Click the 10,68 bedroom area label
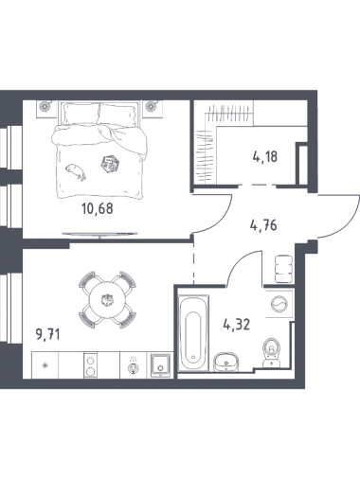pyautogui.click(x=98, y=209)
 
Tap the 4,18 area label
pyautogui.click(x=265, y=157)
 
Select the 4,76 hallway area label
pyautogui.click(x=263, y=225)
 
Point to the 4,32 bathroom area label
pyautogui.click(x=237, y=325)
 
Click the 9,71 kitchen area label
pyautogui.click(x=48, y=334)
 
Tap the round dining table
pyautogui.click(x=108, y=300)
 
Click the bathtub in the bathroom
pyautogui.click(x=193, y=333)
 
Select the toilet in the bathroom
pyautogui.click(x=271, y=353)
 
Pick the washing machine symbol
pyautogui.click(x=279, y=304)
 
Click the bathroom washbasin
pyautogui.click(x=226, y=363)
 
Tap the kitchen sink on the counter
pyautogui.click(x=161, y=365)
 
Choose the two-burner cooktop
pyautogui.click(x=90, y=365)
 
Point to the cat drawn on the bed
pyautogui.click(x=76, y=171)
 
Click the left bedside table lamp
pyautogui.click(x=45, y=107)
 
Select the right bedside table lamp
pyautogui.click(x=151, y=107)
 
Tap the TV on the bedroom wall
pyautogui.click(x=99, y=234)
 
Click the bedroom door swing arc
pyautogui.click(x=223, y=221)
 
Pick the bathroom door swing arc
pyautogui.click(x=238, y=259)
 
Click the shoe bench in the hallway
pyautogui.click(x=284, y=269)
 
